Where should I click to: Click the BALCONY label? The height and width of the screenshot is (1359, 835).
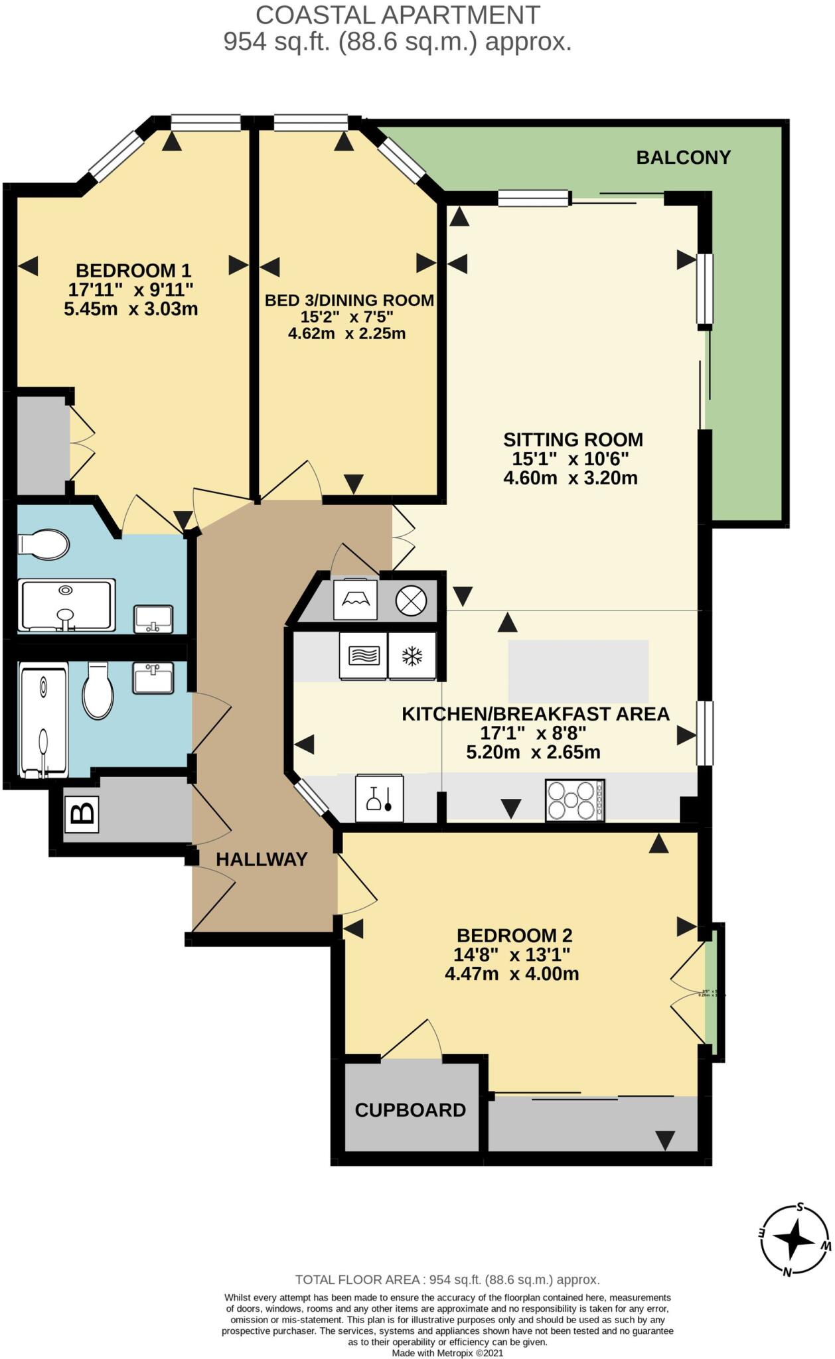tap(683, 157)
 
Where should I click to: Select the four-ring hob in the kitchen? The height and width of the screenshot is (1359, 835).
tap(575, 800)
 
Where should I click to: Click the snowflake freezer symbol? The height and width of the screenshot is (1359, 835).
tap(412, 656)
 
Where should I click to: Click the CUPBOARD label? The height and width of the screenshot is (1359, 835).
tap(410, 1110)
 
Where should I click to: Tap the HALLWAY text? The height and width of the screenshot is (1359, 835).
tap(262, 859)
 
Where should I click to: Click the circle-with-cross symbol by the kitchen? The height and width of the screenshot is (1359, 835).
tap(411, 601)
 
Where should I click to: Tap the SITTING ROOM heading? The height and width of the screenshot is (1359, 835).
tap(573, 439)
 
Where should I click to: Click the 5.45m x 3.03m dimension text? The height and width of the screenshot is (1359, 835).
tap(131, 309)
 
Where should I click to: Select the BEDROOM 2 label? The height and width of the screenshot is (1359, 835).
tap(514, 936)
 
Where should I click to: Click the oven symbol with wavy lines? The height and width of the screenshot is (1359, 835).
tap(363, 656)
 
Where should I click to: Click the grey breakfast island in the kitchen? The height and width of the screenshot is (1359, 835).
tap(578, 671)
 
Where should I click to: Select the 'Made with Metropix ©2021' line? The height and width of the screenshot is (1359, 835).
tap(447, 1352)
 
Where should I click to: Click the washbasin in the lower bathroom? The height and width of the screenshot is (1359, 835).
tap(153, 678)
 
